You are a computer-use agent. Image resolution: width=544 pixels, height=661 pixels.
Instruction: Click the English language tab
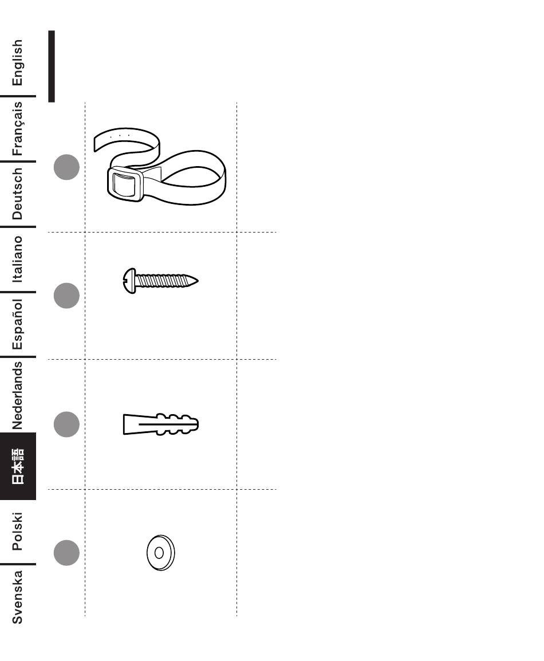click(18, 62)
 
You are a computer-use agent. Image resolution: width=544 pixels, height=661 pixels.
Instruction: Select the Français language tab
click(18, 128)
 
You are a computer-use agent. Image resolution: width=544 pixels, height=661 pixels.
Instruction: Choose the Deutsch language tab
click(18, 194)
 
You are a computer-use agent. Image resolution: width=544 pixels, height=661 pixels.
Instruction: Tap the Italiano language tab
click(18, 259)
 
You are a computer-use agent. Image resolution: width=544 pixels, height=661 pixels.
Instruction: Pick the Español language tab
click(18, 324)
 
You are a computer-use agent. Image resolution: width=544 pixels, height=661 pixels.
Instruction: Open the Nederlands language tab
click(18, 395)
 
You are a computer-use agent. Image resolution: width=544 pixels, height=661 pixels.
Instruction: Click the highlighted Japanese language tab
click(18, 466)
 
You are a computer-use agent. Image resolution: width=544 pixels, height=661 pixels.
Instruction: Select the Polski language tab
click(18, 532)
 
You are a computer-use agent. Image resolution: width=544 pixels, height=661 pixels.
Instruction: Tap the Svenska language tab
click(18, 596)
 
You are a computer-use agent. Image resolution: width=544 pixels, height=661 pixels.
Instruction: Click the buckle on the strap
click(125, 184)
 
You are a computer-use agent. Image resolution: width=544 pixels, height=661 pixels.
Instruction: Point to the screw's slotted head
click(129, 281)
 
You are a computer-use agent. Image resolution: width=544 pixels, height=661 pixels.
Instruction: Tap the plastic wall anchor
click(160, 424)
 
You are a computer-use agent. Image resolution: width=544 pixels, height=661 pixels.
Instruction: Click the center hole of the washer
click(159, 553)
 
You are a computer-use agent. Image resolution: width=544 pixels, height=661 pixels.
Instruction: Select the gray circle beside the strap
click(66, 167)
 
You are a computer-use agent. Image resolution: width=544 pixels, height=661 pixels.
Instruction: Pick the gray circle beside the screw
click(66, 296)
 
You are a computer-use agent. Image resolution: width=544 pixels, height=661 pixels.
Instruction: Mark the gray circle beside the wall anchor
click(66, 424)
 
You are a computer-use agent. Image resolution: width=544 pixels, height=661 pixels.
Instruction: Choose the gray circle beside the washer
click(66, 553)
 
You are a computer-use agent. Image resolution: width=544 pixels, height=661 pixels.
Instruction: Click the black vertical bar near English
click(52, 66)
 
